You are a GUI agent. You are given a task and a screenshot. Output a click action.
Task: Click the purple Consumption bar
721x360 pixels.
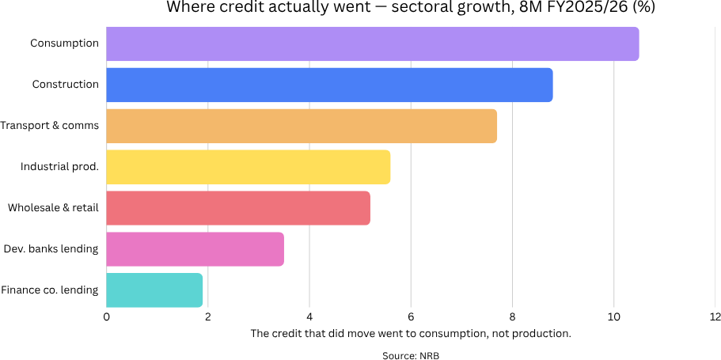click(x=372, y=44)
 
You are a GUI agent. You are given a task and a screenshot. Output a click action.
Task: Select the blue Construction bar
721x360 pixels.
click(x=329, y=85)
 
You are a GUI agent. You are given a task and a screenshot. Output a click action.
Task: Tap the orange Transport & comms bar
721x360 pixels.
click(x=302, y=126)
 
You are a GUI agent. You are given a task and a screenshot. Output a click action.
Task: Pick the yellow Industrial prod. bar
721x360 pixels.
click(x=248, y=167)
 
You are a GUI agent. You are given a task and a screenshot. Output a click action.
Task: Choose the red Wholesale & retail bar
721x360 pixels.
click(x=238, y=208)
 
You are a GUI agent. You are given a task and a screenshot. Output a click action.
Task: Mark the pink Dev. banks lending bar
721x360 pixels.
click(x=195, y=249)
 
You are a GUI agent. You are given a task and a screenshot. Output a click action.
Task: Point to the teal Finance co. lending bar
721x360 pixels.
click(x=154, y=290)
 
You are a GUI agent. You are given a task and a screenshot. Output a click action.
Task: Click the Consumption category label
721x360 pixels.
click(x=64, y=44)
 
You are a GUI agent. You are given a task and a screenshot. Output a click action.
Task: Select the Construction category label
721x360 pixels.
click(x=65, y=85)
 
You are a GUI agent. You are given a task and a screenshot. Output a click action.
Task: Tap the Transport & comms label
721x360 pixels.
click(x=49, y=126)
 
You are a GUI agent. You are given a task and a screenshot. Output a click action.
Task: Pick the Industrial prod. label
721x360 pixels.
click(x=59, y=167)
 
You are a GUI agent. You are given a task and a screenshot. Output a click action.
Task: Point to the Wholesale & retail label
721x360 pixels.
click(x=53, y=208)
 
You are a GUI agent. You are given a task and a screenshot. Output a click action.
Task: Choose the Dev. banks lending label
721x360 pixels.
click(x=51, y=249)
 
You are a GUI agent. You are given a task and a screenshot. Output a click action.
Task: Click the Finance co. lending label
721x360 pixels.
click(x=49, y=290)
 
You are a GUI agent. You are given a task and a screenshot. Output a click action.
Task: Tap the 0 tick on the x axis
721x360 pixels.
click(x=107, y=316)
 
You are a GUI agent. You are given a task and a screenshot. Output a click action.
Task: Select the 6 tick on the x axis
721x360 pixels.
click(x=411, y=316)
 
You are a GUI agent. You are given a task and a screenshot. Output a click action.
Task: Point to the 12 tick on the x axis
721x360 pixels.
click(x=715, y=316)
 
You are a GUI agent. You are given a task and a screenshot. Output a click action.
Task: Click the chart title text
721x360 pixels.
click(x=410, y=7)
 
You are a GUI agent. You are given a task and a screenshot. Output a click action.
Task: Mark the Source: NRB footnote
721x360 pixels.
click(x=410, y=355)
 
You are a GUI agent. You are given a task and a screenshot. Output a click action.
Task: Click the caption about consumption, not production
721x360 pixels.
click(x=410, y=333)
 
